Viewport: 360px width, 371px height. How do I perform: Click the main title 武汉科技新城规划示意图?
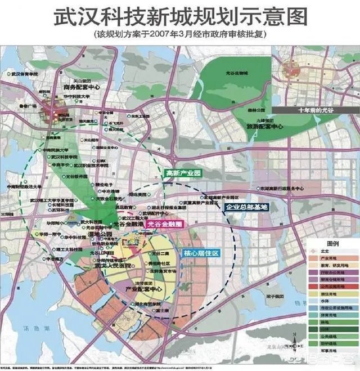pyautogui.click(x=180, y=16)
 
